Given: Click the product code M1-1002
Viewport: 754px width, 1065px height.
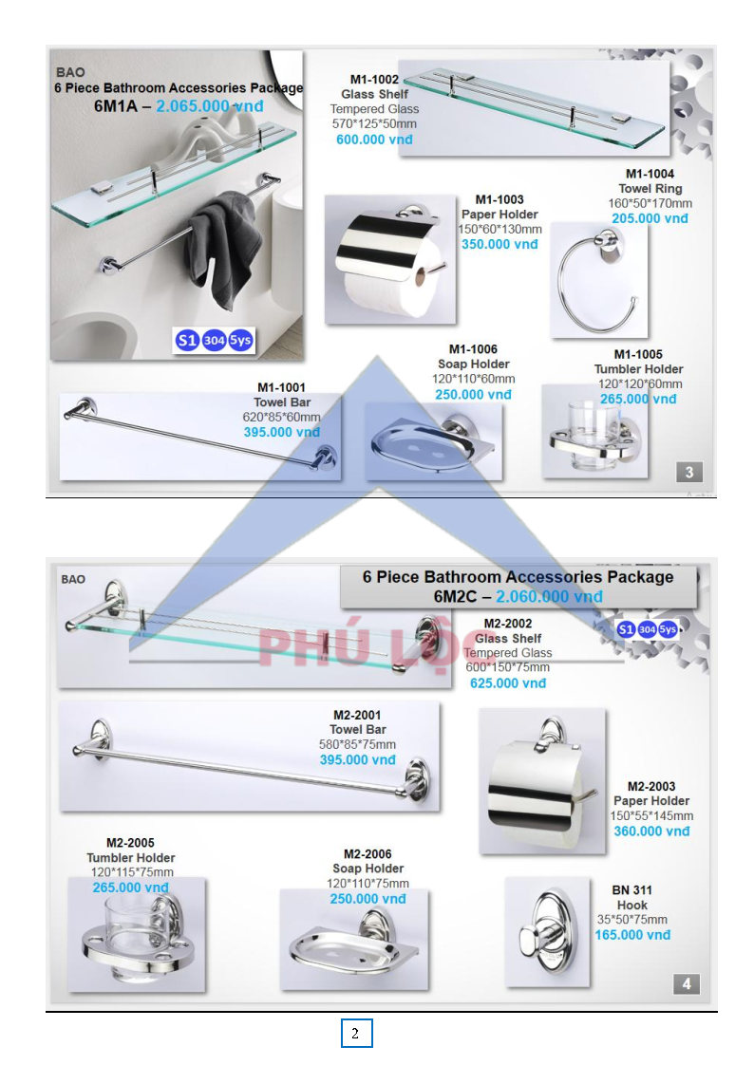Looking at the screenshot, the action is [374, 80].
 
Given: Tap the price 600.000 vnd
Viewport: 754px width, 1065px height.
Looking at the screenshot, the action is [374, 140].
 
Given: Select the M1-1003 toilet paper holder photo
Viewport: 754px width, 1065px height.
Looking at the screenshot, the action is [390, 259].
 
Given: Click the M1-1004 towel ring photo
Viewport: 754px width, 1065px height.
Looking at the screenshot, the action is [598, 281].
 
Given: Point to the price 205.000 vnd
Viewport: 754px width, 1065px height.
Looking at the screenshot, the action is [650, 218].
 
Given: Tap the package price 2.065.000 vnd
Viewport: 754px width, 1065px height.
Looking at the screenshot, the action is [210, 106].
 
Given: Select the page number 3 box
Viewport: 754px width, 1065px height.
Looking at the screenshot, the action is [688, 472].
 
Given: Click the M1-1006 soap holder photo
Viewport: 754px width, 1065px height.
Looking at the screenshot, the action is [434, 441].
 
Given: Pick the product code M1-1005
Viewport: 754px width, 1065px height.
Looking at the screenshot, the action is [638, 355].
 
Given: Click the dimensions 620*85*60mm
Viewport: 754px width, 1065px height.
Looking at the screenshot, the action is [281, 417].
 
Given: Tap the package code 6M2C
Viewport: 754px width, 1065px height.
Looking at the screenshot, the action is [455, 596].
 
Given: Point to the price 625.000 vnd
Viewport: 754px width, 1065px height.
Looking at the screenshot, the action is [508, 683].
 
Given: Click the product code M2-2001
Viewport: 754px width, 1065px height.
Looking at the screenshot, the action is [357, 715].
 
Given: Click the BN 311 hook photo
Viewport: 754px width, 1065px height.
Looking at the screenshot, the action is [548, 931].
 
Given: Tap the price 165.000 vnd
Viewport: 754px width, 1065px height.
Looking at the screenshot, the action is [632, 935].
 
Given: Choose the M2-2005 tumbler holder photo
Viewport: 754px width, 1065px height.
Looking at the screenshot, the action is [137, 935].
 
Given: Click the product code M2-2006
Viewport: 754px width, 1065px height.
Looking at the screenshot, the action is [368, 854].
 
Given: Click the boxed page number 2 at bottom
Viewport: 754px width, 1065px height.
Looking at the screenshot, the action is [356, 1033].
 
